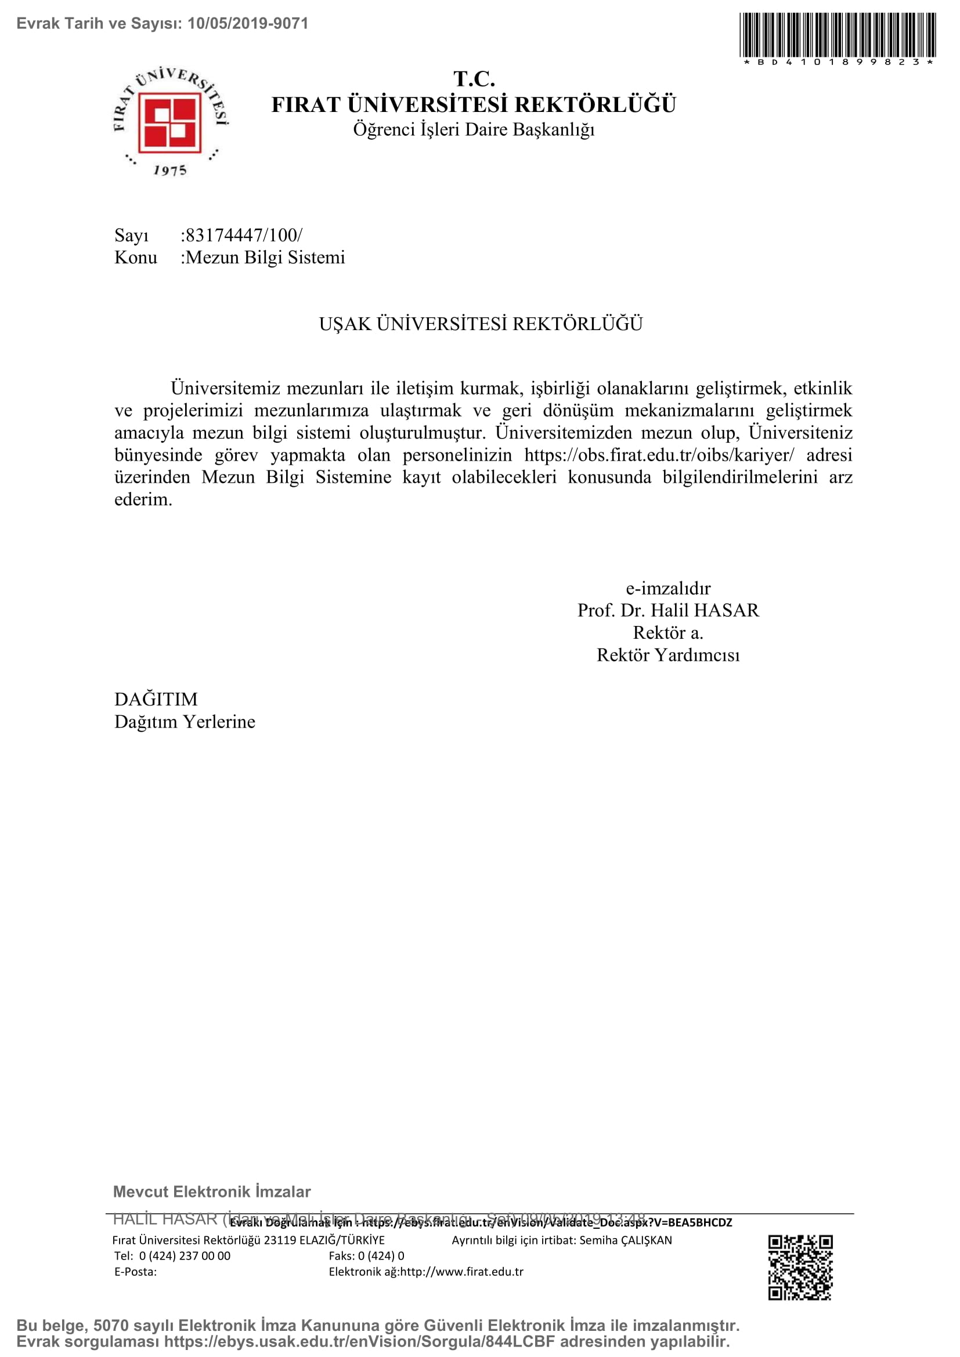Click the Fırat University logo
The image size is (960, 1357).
[x=170, y=121]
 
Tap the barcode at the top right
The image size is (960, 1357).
[x=837, y=34]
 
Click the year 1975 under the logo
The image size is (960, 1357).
[x=169, y=170]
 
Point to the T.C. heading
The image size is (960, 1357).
[x=474, y=78]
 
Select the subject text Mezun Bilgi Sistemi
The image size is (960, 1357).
[x=265, y=258]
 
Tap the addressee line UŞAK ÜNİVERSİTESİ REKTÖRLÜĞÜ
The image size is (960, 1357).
[x=481, y=324]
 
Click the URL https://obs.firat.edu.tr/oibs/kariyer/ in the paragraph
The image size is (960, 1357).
[x=659, y=455]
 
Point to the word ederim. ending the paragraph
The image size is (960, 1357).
[x=143, y=500]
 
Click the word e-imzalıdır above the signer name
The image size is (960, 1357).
[x=668, y=588]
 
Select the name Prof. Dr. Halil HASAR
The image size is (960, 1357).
[x=668, y=610]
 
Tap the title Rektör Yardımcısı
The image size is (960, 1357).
[x=668, y=655]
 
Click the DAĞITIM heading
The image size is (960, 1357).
[x=156, y=699]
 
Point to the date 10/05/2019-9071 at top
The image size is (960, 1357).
[x=248, y=24]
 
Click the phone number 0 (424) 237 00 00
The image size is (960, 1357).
[x=185, y=1256]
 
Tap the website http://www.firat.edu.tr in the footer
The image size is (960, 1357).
[x=461, y=1272]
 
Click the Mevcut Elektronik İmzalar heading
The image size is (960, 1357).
[x=212, y=1192]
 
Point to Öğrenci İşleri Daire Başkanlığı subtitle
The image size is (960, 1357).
[x=474, y=129]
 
